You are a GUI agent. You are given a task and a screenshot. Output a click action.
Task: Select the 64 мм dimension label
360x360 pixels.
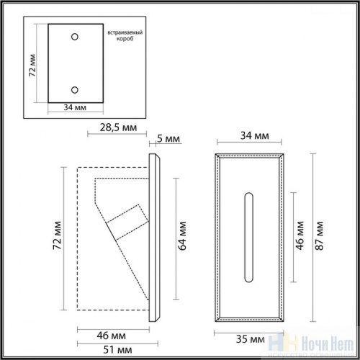(183, 235)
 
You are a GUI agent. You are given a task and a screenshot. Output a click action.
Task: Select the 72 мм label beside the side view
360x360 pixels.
(58, 235)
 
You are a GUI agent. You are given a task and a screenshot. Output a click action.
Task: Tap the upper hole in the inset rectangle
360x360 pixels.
(74, 36)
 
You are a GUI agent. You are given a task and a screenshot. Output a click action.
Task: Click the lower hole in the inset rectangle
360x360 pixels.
(74, 89)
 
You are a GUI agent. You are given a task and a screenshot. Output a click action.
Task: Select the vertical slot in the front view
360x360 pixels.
(251, 236)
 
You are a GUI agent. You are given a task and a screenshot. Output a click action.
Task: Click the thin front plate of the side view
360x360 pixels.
(155, 235)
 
